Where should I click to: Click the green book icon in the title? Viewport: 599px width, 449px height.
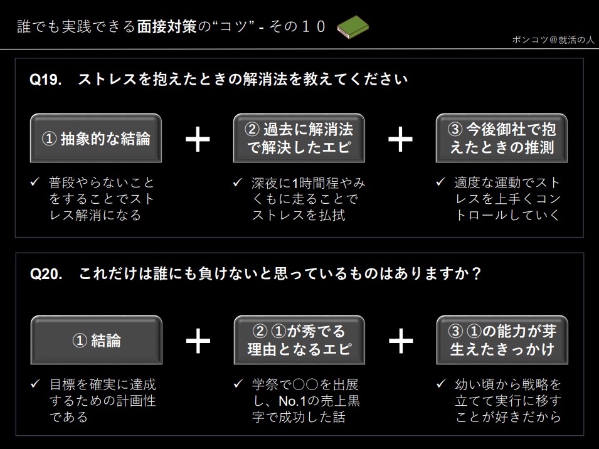pyautogui.click(x=353, y=27)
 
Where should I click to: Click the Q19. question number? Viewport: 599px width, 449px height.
pyautogui.click(x=46, y=80)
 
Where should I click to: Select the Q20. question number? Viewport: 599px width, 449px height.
pyautogui.click(x=46, y=274)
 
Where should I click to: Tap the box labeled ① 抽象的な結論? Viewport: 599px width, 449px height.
pyautogui.click(x=96, y=139)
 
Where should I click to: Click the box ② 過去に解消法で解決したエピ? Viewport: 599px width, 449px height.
pyautogui.click(x=299, y=138)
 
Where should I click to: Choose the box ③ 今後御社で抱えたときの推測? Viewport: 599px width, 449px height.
pyautogui.click(x=502, y=138)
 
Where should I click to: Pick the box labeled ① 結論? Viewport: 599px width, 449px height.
pyautogui.click(x=96, y=340)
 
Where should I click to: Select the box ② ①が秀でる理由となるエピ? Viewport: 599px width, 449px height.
pyautogui.click(x=299, y=340)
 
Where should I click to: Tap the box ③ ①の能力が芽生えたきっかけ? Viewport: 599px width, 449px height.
pyautogui.click(x=502, y=340)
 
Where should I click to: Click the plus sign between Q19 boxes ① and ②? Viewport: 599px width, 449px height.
pyautogui.click(x=198, y=139)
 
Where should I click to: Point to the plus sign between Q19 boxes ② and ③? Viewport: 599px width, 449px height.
pyautogui.click(x=400, y=139)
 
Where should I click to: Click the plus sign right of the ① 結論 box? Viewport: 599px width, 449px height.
pyautogui.click(x=198, y=341)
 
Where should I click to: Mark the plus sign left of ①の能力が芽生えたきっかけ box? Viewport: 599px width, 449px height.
pyautogui.click(x=400, y=341)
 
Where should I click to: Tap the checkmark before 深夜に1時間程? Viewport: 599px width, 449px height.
pyautogui.click(x=237, y=183)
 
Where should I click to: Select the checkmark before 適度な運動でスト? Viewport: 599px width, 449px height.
pyautogui.click(x=440, y=183)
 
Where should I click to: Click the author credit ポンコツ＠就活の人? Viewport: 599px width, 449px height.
pyautogui.click(x=553, y=40)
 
